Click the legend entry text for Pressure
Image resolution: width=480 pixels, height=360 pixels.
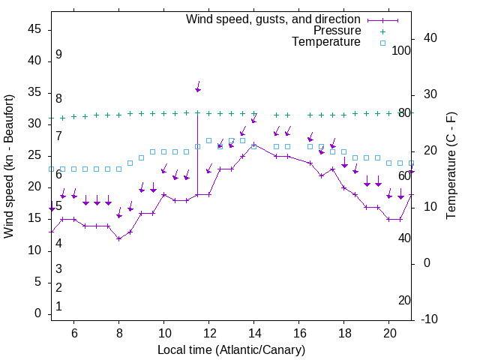[337, 31]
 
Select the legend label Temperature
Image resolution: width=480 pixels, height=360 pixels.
[326, 42]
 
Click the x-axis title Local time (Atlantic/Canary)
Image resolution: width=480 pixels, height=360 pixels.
[231, 350]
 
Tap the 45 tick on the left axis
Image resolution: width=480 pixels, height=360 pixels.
[34, 29]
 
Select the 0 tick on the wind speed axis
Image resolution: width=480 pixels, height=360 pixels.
[37, 314]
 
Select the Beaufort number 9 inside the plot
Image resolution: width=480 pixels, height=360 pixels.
[58, 55]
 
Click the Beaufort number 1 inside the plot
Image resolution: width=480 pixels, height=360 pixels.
[58, 307]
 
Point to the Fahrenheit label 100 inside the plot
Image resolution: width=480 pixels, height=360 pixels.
[402, 50]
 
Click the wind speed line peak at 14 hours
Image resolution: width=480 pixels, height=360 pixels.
[254, 144]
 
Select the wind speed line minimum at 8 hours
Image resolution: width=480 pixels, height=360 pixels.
[118, 238]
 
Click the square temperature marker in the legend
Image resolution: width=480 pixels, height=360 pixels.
[382, 43]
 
